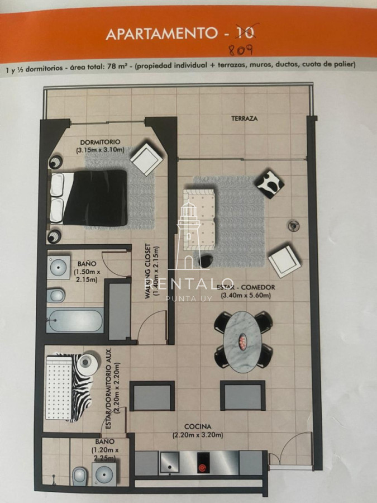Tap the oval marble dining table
(242, 338)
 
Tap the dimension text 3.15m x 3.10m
(101, 150)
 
